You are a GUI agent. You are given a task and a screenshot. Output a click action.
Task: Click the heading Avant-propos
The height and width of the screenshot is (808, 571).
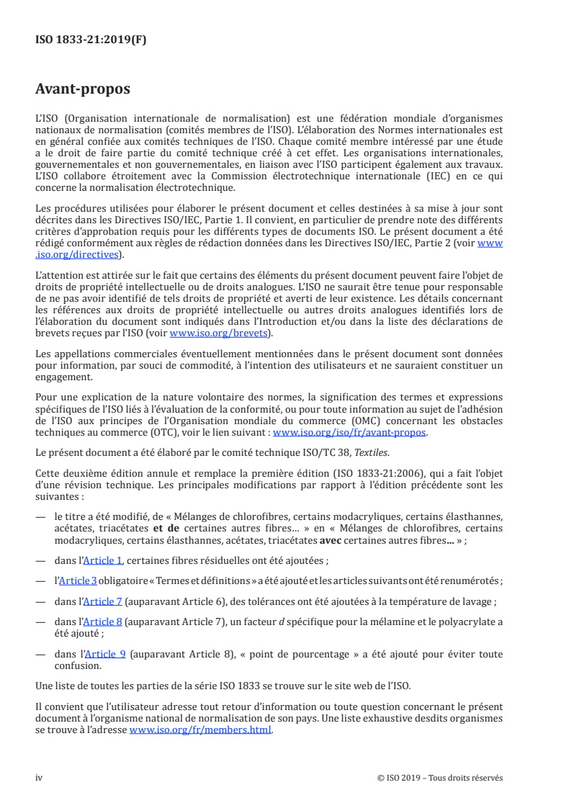[x=83, y=89]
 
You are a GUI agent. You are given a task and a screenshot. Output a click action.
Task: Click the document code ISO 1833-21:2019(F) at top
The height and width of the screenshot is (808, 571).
[x=91, y=40]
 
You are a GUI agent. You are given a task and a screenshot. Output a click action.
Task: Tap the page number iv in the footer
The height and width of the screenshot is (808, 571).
[x=39, y=778]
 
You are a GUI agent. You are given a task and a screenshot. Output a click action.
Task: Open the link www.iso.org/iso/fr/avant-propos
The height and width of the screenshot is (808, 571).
[x=349, y=433]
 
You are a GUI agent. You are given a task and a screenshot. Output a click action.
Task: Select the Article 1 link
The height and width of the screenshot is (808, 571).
[x=102, y=560]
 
